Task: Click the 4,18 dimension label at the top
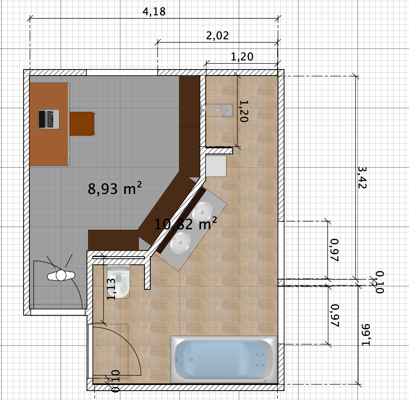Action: tap(154, 12)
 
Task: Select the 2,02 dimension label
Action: tap(217, 36)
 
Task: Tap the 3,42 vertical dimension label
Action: tap(362, 178)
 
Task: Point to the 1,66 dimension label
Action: tap(365, 335)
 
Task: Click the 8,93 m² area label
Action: tap(115, 189)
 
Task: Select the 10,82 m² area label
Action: tap(185, 224)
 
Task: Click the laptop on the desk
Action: tap(49, 119)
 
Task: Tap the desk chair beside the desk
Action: tap(82, 124)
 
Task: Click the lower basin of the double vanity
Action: tap(180, 241)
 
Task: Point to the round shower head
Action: tap(226, 109)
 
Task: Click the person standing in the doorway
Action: tap(61, 276)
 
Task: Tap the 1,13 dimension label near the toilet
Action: tap(111, 289)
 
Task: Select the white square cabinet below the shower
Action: tap(216, 166)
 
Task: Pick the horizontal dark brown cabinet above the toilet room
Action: tap(113, 240)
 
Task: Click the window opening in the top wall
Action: tap(122, 72)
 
